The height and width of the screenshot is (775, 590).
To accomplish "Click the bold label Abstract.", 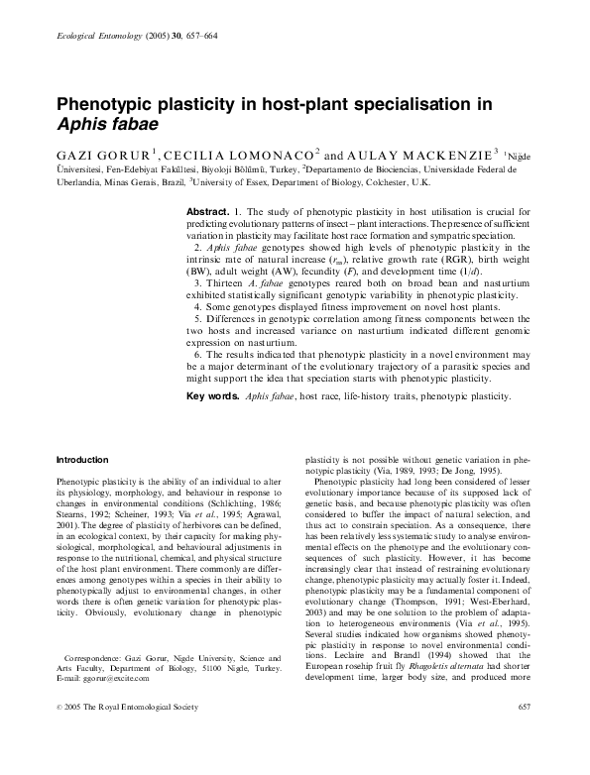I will pyautogui.click(x=208, y=213).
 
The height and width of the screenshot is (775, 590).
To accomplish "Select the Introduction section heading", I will pyautogui.click(x=82, y=460).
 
